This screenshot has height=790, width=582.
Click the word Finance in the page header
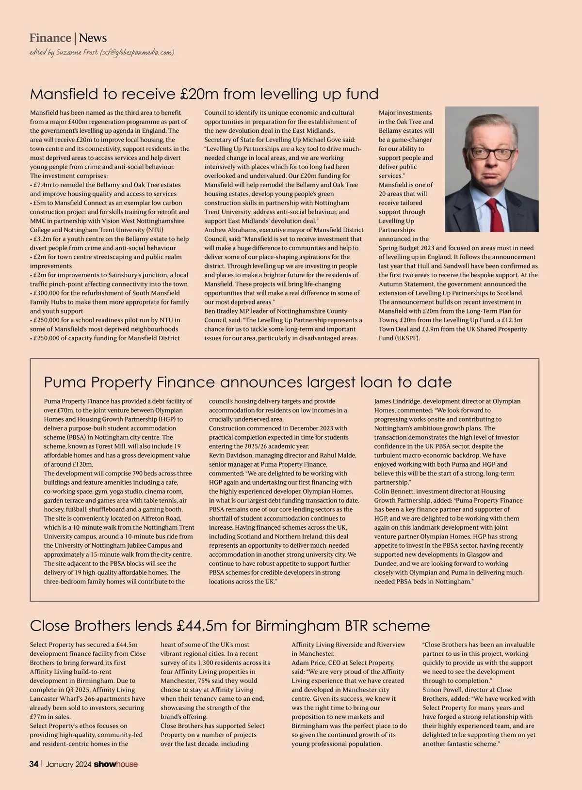click(x=50, y=38)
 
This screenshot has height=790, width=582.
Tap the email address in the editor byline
click(x=137, y=52)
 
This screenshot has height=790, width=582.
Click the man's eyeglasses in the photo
click(x=491, y=154)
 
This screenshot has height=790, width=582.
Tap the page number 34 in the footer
click(x=34, y=764)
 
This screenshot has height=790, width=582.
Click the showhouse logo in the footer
click(x=115, y=764)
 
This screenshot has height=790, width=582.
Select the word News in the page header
click(x=93, y=38)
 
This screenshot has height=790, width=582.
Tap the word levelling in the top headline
click(x=288, y=94)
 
